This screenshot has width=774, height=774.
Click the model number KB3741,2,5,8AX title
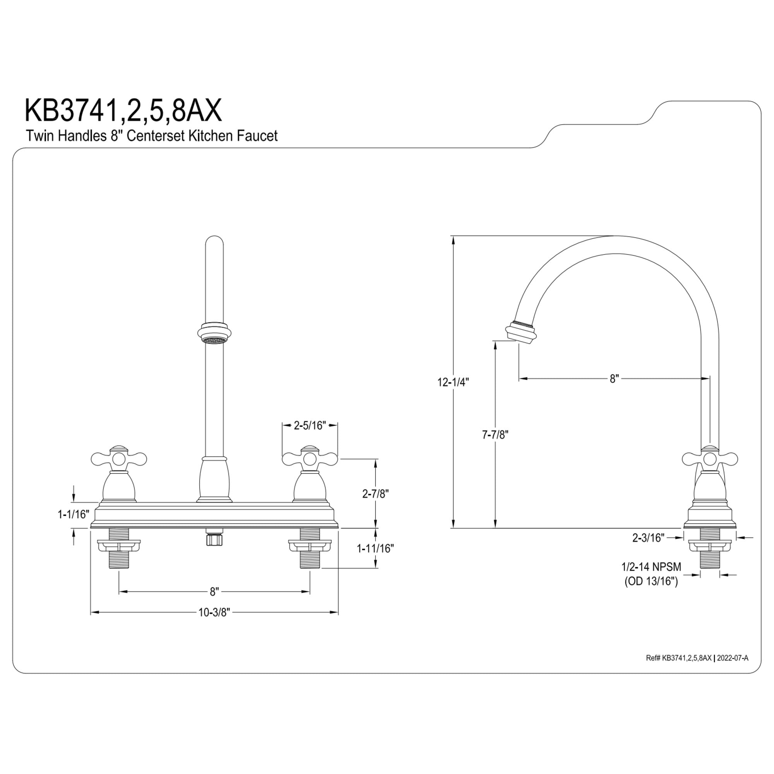point(123,111)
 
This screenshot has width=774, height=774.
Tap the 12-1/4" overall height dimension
point(453,382)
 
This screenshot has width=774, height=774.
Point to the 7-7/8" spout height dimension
point(495,435)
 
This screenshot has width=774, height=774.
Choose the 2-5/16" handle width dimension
point(310,425)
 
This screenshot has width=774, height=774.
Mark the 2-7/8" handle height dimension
point(376,494)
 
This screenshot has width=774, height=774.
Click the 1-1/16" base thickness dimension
point(74,514)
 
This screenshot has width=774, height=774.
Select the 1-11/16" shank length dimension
point(375,548)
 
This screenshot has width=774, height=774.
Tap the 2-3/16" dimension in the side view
point(648,538)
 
